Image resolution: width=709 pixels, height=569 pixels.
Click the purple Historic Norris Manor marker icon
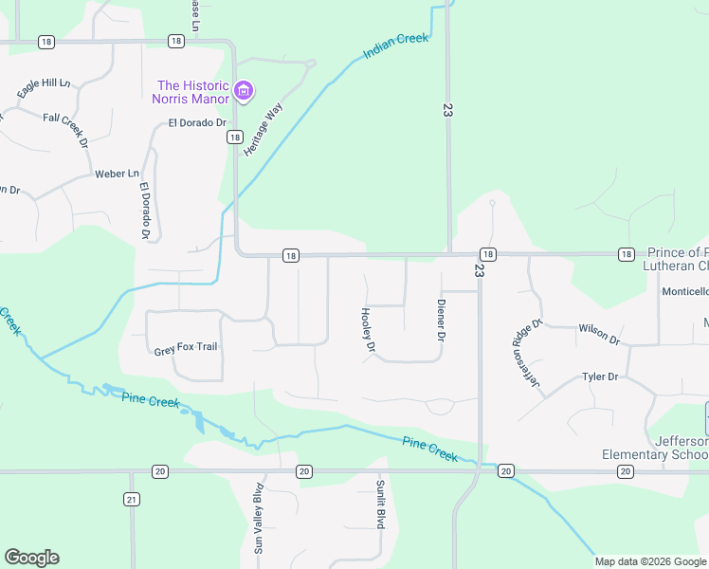point(244,91)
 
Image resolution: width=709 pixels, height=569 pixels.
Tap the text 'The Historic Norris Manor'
point(193,92)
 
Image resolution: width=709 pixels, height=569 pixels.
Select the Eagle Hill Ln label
point(45,88)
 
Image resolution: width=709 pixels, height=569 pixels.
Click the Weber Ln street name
point(117,174)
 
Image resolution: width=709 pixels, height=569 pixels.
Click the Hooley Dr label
point(367,332)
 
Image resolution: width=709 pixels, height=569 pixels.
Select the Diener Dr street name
point(441,320)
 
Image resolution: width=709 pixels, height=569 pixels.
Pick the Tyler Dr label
point(599,376)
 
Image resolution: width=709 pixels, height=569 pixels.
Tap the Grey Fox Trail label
point(186,348)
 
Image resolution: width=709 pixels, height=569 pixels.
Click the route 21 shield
point(132,499)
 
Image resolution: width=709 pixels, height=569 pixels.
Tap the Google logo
point(31,558)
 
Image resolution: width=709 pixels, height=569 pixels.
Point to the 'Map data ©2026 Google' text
point(649,561)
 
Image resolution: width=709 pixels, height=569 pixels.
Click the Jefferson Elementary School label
point(655,448)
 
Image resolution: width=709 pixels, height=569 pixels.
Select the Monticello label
point(684,292)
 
